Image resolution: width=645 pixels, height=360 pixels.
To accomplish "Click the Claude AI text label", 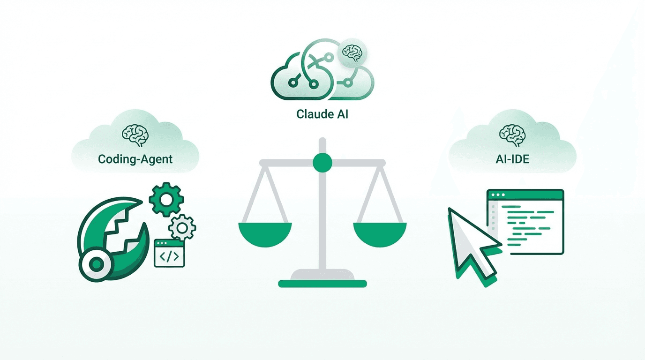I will (322, 114).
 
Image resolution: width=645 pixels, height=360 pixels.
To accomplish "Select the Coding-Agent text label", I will (135, 159).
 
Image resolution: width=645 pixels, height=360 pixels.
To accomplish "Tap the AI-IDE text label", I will (512, 159).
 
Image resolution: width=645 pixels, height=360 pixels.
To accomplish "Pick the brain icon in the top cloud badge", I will (352, 52).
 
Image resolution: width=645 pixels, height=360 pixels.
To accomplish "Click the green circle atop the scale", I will (322, 162).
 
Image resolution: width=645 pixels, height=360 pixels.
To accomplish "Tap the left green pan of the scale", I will (265, 232).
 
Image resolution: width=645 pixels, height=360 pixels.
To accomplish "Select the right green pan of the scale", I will (380, 232).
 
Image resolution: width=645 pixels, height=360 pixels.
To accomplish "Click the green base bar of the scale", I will (322, 284).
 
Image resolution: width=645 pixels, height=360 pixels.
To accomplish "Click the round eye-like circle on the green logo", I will (97, 264).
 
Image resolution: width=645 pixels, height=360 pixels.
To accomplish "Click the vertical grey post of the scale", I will (322, 220).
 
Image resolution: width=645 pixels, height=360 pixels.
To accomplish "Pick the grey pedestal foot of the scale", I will (322, 275).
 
